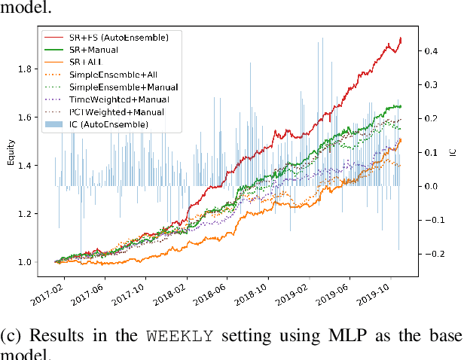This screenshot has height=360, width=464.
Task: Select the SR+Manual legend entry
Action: click(93, 50)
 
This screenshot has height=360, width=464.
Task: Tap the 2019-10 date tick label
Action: click(372, 290)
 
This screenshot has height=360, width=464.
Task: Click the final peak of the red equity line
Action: click(401, 38)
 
